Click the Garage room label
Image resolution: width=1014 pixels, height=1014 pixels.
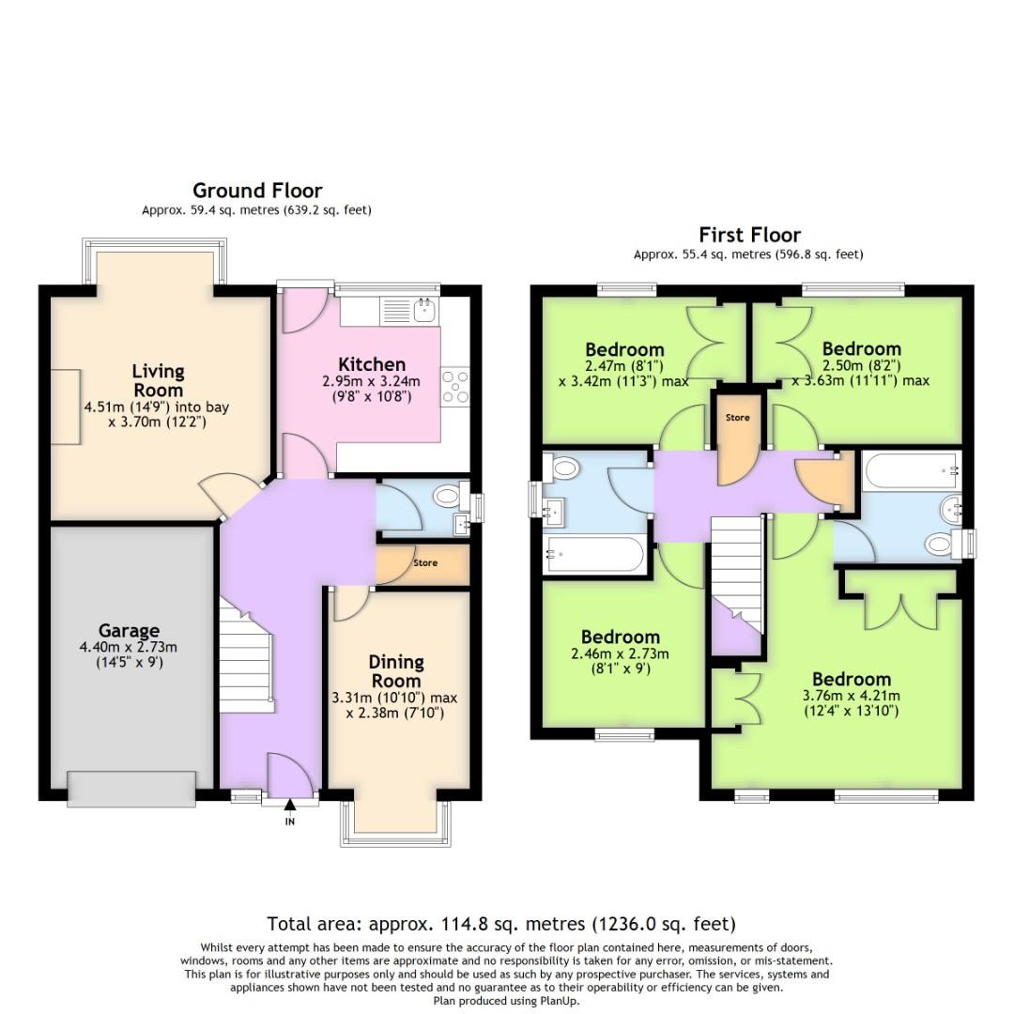(x=130, y=631)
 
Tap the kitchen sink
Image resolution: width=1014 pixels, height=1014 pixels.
(x=424, y=309)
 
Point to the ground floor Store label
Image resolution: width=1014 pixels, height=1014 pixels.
(x=425, y=563)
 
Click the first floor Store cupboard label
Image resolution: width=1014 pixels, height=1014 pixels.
(x=737, y=417)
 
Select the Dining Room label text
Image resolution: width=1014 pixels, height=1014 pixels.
(x=396, y=671)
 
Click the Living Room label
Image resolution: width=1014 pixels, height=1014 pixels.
(x=158, y=380)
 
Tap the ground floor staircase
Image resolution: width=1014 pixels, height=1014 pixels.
(x=246, y=657)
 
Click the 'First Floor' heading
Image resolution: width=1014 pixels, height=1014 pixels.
(x=749, y=235)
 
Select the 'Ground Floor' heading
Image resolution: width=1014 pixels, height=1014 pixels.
(x=257, y=191)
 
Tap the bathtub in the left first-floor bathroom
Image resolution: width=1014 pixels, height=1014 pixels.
(x=593, y=554)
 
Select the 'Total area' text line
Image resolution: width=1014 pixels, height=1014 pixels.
(x=501, y=923)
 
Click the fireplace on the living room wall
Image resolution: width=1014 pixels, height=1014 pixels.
(x=66, y=407)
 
